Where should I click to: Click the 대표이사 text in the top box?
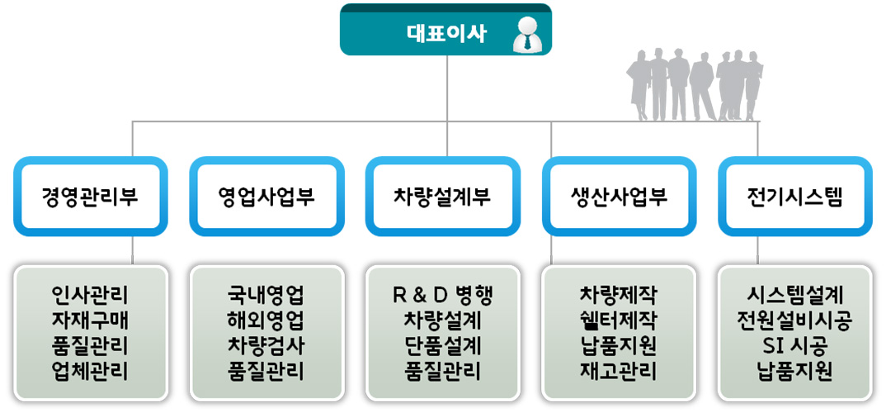[447, 34]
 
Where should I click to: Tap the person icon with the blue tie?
[528, 35]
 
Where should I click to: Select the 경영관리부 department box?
[91, 197]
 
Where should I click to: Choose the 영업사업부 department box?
[266, 197]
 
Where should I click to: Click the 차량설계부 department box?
[443, 197]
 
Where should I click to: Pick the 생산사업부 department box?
[619, 197]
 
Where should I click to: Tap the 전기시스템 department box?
[795, 197]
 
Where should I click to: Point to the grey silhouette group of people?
[694, 84]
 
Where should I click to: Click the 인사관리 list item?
[91, 296]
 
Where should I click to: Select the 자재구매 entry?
[91, 320]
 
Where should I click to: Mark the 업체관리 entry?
[91, 372]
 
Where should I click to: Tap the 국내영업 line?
[266, 296]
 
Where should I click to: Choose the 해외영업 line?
[266, 320]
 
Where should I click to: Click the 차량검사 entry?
[266, 346]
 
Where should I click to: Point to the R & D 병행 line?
[442, 296]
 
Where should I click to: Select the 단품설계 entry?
[442, 346]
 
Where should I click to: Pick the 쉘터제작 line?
[618, 320]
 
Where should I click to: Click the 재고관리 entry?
[618, 372]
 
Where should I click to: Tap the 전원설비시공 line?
[794, 320]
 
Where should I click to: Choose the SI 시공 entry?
[794, 346]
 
